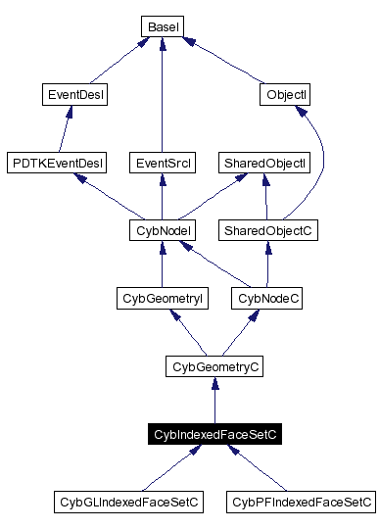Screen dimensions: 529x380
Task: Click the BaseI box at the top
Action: pyautogui.click(x=161, y=26)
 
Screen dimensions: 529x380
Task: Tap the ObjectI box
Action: pyautogui.click(x=287, y=95)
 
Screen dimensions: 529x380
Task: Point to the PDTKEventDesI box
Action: pyautogui.click(x=56, y=162)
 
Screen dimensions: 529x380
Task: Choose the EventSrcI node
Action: pyautogui.click(x=160, y=162)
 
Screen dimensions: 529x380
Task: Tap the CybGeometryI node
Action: pyautogui.click(x=160, y=297)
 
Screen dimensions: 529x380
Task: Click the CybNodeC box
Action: pyautogui.click(x=265, y=297)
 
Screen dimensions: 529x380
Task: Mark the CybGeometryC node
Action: pyautogui.click(x=214, y=366)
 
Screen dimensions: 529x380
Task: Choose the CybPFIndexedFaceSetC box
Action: pyautogui.click(x=301, y=502)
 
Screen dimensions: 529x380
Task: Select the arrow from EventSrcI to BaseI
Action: pyautogui.click(x=160, y=98)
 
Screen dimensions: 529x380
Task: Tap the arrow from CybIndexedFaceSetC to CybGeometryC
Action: pyautogui.click(x=214, y=402)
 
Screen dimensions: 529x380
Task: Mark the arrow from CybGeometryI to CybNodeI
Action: pyautogui.click(x=160, y=264)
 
